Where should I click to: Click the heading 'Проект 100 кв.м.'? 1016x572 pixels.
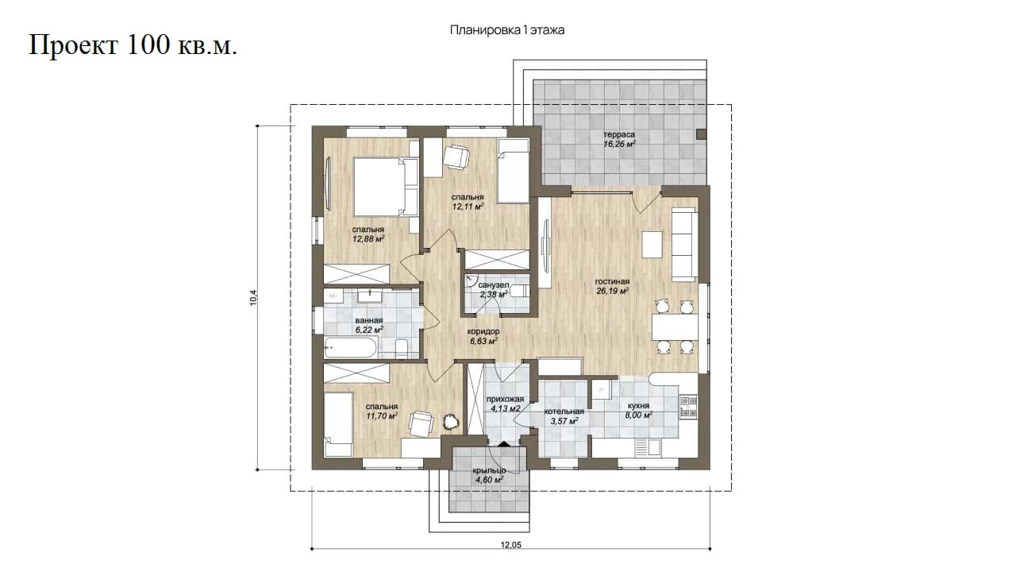point(133,45)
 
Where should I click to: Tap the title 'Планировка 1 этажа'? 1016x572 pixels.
point(507,30)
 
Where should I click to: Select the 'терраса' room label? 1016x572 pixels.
point(618,134)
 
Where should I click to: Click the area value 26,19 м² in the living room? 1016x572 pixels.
point(612,292)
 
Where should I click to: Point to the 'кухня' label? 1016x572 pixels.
point(638,405)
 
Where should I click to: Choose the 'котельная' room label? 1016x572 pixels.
point(564,412)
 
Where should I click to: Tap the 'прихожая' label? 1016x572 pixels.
point(505,399)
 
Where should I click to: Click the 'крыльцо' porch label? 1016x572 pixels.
point(489,471)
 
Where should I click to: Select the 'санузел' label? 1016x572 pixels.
point(494,285)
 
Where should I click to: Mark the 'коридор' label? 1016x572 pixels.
point(483,331)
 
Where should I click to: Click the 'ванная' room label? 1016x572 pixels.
point(369,320)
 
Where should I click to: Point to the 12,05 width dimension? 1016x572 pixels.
point(510,545)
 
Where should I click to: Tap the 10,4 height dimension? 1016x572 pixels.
point(253,297)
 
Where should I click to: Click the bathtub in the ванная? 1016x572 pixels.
point(350,350)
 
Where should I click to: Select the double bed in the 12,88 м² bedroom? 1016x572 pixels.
point(386,187)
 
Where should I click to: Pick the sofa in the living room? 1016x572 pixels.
point(684,244)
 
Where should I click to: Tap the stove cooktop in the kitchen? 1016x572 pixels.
point(688,407)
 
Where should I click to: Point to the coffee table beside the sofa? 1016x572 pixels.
point(652,245)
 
